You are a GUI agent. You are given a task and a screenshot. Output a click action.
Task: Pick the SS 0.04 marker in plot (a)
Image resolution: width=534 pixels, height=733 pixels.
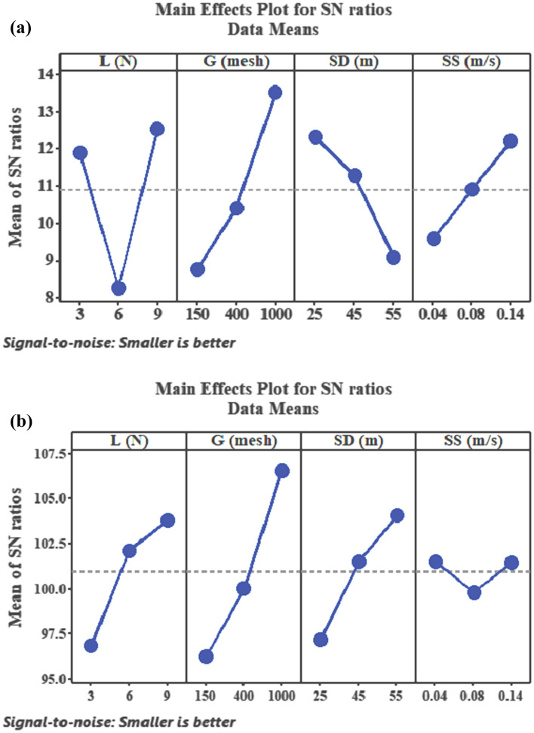433,238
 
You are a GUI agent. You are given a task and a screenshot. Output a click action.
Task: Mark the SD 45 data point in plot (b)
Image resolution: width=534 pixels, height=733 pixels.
359,561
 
